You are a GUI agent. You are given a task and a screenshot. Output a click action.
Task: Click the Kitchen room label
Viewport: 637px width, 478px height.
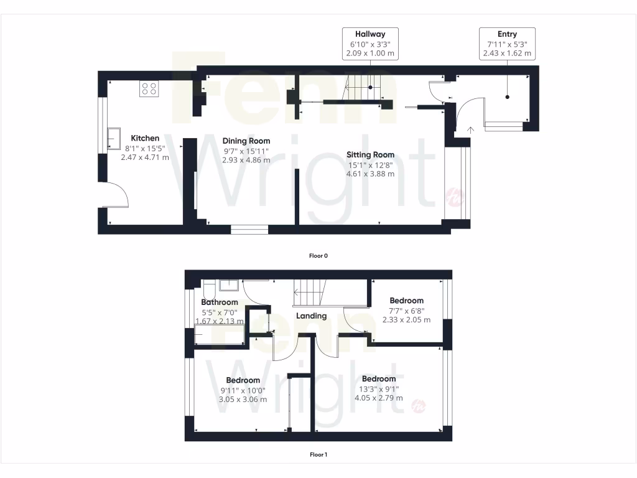click(x=144, y=138)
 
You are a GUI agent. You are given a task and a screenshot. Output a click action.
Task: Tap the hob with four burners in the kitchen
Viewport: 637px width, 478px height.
click(x=149, y=89)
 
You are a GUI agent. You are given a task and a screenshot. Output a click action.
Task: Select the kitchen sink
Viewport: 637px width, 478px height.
click(x=114, y=139)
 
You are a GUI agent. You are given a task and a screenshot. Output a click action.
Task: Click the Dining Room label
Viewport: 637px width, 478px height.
click(x=246, y=141)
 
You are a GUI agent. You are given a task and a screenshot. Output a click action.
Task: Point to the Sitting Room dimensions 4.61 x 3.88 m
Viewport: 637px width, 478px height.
click(x=370, y=174)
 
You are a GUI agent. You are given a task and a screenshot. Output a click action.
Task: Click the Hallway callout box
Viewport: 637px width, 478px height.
click(x=370, y=44)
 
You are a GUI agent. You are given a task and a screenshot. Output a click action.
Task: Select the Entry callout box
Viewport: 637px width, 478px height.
click(x=507, y=44)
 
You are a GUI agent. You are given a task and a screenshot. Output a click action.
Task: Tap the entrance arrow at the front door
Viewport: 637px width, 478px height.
click(x=470, y=129)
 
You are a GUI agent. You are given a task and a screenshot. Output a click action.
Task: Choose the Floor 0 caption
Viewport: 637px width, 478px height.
click(x=318, y=255)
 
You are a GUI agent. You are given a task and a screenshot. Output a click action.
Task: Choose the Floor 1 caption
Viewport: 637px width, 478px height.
click(x=318, y=454)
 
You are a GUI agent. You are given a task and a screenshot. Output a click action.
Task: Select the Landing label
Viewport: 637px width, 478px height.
click(x=311, y=316)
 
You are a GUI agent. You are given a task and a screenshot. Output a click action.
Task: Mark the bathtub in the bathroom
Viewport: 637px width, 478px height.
click(x=219, y=335)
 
